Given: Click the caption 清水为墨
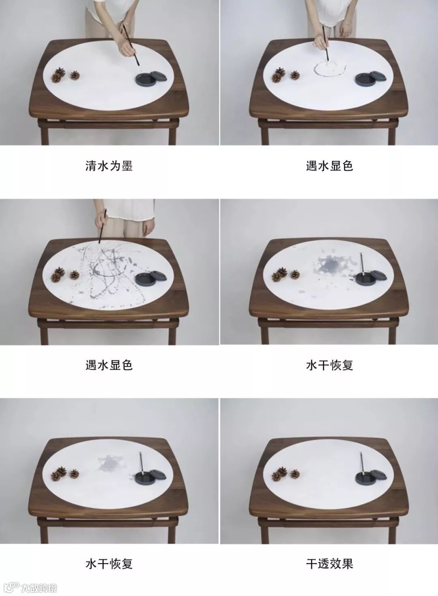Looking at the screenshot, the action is pos(109,166).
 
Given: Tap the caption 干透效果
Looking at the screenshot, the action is pos(329,564).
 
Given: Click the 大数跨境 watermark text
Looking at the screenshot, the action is pos(39,587).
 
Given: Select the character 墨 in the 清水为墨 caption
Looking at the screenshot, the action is pos(127,166).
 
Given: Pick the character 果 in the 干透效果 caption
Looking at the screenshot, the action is pos(348,564).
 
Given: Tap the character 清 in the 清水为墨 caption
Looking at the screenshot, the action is pos(91,166).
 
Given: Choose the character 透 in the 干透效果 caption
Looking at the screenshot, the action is pos(324,564).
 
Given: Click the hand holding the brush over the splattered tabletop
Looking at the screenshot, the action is pos(101,220).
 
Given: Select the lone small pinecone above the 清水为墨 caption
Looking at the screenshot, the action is pos(75,75).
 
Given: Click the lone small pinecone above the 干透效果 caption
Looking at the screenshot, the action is pos(295,473).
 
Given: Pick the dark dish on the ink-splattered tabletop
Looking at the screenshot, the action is pos(146,279).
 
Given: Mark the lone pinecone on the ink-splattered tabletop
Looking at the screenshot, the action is pos(75,275).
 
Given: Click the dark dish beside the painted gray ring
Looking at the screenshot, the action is pos(366,79).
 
